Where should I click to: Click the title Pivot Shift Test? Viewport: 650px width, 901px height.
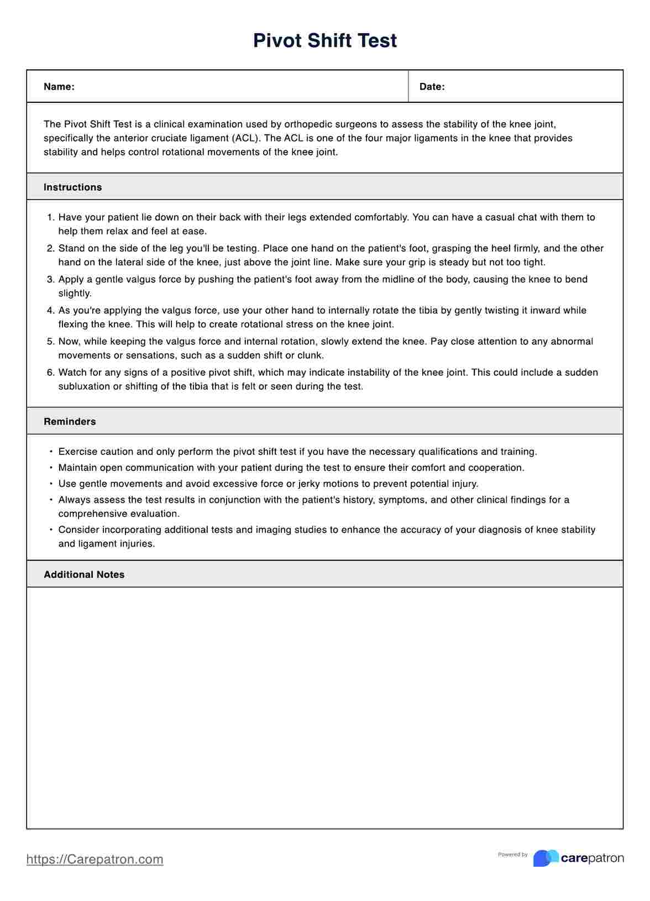click(325, 41)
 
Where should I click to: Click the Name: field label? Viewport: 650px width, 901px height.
click(59, 87)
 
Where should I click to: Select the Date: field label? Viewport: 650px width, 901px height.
click(432, 87)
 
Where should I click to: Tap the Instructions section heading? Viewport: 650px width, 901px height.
click(72, 187)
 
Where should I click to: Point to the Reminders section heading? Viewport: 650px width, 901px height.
click(70, 422)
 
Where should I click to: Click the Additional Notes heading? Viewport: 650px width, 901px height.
click(84, 575)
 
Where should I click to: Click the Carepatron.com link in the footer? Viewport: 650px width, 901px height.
click(95, 859)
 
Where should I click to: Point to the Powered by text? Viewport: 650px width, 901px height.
click(512, 855)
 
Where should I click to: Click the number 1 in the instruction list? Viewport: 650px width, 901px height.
click(50, 218)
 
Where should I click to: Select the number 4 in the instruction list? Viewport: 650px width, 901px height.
click(50, 311)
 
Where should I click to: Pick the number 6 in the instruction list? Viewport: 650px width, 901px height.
click(50, 373)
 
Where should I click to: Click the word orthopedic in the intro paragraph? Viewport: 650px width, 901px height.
click(307, 124)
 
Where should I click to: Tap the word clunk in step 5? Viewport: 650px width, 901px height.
click(311, 355)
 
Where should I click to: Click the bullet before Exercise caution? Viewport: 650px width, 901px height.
click(51, 452)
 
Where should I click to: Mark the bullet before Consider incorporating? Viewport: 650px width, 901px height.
click(51, 530)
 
